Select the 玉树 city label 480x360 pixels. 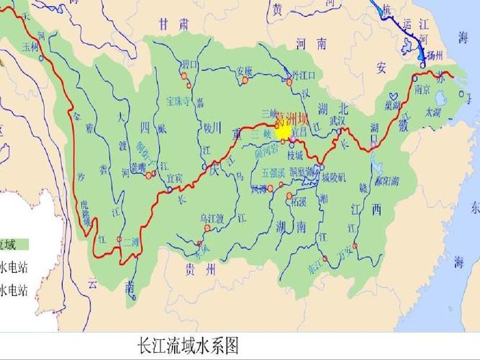[30, 48]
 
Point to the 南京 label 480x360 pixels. [422, 90]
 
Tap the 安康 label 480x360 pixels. [245, 71]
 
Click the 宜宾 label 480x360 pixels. [175, 176]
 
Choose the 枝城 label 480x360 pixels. [296, 155]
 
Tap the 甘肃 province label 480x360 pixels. [174, 24]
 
